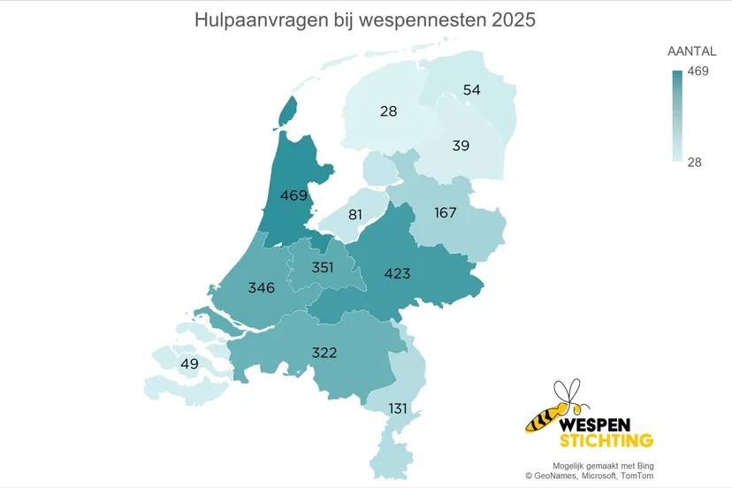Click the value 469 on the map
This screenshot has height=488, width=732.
click(293, 195)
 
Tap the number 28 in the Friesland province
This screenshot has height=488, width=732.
click(388, 111)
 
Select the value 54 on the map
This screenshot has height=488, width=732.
click(471, 90)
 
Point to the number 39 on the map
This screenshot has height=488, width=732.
click(461, 145)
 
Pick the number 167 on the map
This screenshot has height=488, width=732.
click(445, 213)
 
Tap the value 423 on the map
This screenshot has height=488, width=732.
click(397, 274)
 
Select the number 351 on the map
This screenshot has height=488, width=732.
click(323, 267)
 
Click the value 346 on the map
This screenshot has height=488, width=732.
click(262, 287)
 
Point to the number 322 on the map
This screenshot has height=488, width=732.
click(324, 352)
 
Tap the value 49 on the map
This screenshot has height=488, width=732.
click(189, 364)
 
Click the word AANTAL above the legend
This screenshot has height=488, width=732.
click(691, 52)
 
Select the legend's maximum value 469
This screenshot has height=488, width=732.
click(698, 72)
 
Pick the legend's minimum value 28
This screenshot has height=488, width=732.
click(694, 162)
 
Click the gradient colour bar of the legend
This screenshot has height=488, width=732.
click(677, 116)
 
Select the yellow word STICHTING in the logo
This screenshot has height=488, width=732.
click(606, 440)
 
